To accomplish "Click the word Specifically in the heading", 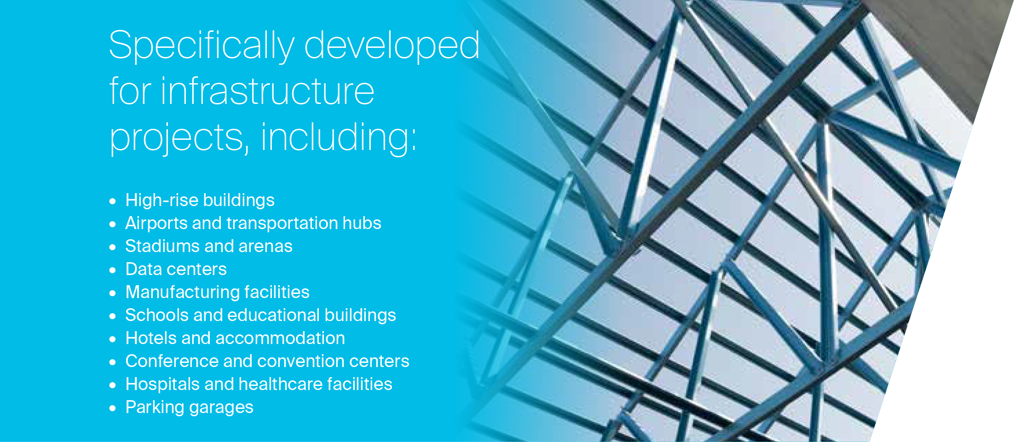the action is pos(202,46).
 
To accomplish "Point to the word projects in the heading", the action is pos(179,138).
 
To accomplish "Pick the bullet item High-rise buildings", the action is pos(200,201).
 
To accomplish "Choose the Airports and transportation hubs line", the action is pos(253,223).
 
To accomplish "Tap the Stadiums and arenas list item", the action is pos(209,246).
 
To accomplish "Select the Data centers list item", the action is pos(176,269).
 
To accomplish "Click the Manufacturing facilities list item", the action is pos(218,293).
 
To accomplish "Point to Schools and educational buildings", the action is pos(260,316).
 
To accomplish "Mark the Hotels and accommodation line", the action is pos(235,338).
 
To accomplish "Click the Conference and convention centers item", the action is pos(267,361).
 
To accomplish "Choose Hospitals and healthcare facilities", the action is pos(259,384).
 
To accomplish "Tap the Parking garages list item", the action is pos(190,408).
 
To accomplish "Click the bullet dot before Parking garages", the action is pos(113,408).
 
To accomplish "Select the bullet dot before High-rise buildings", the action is pos(113,201).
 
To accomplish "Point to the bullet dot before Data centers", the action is pos(113,270).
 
